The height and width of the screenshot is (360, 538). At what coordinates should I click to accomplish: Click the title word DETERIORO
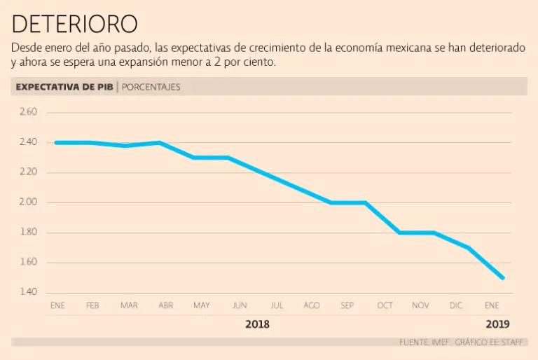pos(74,24)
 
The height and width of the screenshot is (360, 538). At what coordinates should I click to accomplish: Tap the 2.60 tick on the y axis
pos(28,112)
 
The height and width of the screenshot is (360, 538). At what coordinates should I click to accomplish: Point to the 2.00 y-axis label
pos(28,202)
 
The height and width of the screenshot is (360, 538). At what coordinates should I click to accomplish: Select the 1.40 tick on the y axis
pos(28,292)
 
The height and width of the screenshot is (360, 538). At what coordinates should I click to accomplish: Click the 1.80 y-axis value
pos(28,233)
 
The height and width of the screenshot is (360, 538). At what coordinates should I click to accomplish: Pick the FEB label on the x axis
pos(92,306)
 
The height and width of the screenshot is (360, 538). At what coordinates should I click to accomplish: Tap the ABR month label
pos(166,306)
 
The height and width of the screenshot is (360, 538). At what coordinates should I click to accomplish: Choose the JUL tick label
pos(277,306)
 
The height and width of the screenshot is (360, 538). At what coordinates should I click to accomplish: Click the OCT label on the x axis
pos(385,306)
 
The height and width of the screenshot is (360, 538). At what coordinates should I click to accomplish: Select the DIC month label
pos(456,306)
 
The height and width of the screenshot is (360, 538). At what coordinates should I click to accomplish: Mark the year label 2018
pos(257,324)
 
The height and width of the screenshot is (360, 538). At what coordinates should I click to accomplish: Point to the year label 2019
pos(498,324)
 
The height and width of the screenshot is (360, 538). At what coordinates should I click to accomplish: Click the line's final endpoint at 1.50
pos(502,277)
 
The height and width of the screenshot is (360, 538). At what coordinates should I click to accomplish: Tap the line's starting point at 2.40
pos(56,142)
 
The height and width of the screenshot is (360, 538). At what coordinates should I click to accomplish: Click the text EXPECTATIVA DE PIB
pos(64,87)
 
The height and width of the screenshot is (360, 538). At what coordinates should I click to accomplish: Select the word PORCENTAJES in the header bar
pos(151,87)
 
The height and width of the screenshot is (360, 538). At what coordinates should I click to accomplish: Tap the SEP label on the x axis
pos(347,306)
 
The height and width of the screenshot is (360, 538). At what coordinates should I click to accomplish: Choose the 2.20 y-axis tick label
pos(28,172)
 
